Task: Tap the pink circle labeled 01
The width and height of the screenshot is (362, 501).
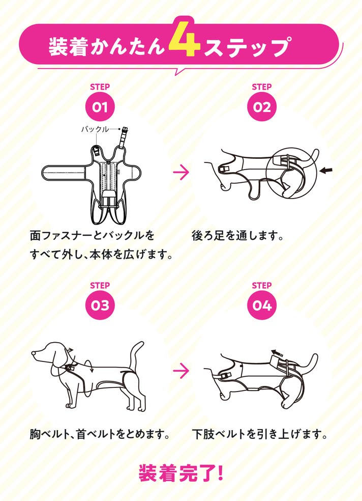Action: pyautogui.click(x=100, y=107)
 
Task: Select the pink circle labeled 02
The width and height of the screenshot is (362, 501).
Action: pyautogui.click(x=261, y=107)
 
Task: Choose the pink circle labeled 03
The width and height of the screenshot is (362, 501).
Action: pyautogui.click(x=100, y=305)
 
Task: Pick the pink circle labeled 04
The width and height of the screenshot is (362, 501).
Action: pyautogui.click(x=261, y=305)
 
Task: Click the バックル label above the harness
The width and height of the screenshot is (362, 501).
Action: pyautogui.click(x=95, y=129)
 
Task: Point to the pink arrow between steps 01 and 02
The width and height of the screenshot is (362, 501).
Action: pyautogui.click(x=181, y=172)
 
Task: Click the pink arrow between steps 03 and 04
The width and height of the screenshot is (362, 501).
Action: pyautogui.click(x=181, y=371)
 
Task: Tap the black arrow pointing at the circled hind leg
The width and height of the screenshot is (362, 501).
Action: pyautogui.click(x=326, y=171)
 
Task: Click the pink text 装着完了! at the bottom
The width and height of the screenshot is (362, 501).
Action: pyautogui.click(x=181, y=473)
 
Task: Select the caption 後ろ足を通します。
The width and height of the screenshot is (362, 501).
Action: pyautogui.click(x=237, y=236)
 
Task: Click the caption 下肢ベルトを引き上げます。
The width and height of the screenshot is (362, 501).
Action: pyautogui.click(x=259, y=434)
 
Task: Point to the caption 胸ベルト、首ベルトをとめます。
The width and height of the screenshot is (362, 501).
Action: pyautogui.click(x=100, y=434)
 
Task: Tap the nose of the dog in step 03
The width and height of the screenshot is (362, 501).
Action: pyautogui.click(x=34, y=353)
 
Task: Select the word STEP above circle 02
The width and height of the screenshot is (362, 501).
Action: pyautogui.click(x=261, y=87)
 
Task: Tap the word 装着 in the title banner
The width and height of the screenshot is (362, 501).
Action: pyautogui.click(x=68, y=47)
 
